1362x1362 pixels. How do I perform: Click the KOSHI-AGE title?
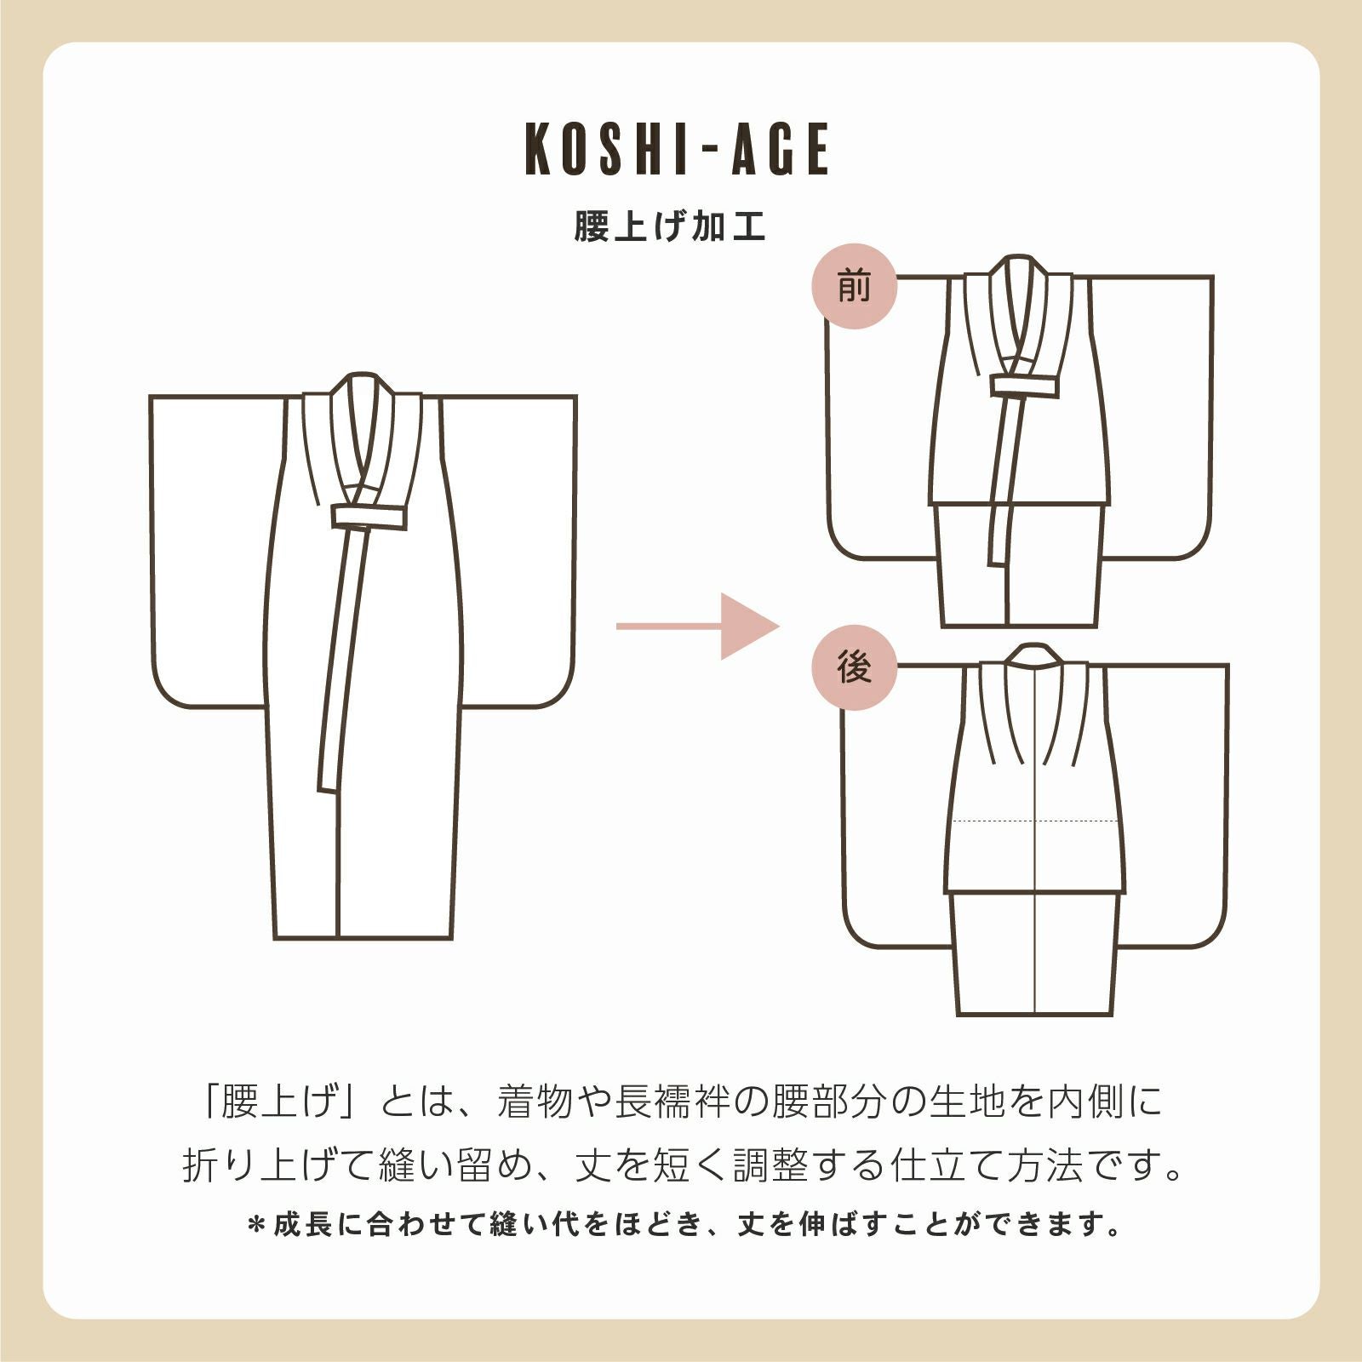[678, 149]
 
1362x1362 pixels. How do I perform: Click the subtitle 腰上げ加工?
[670, 226]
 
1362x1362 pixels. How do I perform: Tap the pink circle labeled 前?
[855, 287]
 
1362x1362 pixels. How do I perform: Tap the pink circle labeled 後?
[855, 668]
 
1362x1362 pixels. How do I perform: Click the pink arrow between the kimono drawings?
[697, 627]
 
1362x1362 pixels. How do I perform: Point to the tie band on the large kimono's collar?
[369, 517]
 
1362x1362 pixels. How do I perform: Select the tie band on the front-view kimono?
[1024, 386]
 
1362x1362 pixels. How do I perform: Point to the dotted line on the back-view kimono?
[1034, 821]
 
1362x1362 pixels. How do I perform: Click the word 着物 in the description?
[534, 1102]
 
